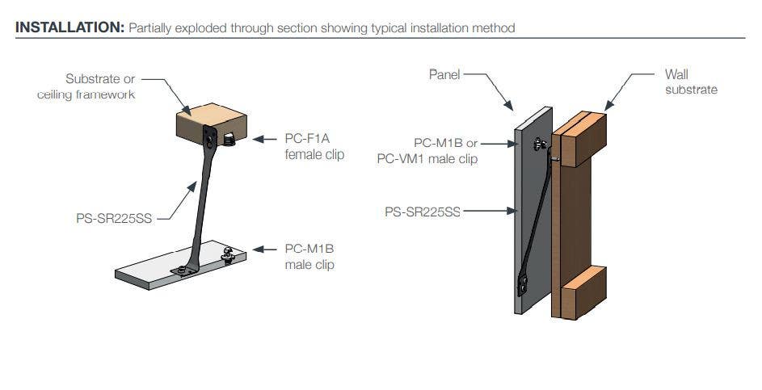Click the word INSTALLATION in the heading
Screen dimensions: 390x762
point(67,28)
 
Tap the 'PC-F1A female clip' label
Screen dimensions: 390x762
point(314,146)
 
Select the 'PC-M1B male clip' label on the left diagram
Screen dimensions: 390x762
point(310,257)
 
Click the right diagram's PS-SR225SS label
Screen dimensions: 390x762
point(422,212)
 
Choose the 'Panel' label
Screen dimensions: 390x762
point(444,74)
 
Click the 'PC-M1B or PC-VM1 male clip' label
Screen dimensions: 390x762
point(428,151)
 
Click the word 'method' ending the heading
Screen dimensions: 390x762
point(495,28)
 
